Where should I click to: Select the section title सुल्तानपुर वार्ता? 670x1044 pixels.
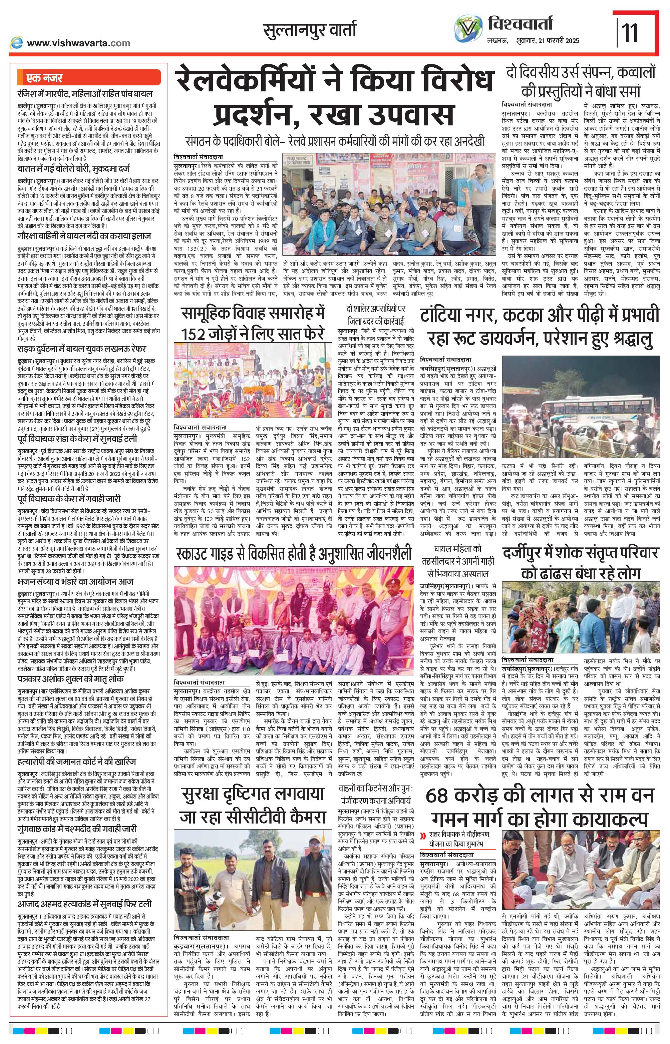tap(309, 30)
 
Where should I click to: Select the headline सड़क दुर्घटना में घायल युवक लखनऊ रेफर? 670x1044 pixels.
tap(82, 349)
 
